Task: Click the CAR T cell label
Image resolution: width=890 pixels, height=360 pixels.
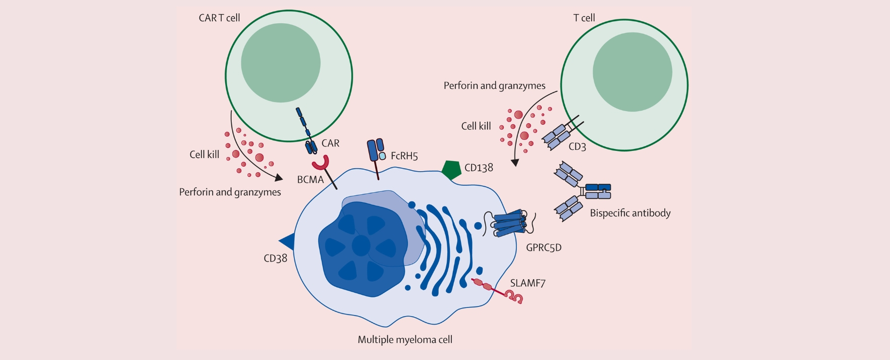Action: [x=219, y=18]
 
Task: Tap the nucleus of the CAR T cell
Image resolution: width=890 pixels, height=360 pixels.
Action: [x=281, y=63]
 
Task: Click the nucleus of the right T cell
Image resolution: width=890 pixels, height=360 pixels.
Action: [x=632, y=72]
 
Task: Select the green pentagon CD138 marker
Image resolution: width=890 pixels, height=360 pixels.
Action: [x=451, y=170]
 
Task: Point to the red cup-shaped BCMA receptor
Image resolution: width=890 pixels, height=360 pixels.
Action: [x=320, y=164]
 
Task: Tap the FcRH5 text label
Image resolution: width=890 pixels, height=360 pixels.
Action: [x=404, y=156]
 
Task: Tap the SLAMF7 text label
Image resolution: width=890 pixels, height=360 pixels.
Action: [x=528, y=283]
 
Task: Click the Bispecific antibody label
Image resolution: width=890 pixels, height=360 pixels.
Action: [x=630, y=213]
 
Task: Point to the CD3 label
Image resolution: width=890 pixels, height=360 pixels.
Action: [x=577, y=147]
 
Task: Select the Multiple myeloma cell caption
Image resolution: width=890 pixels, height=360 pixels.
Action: [x=405, y=340]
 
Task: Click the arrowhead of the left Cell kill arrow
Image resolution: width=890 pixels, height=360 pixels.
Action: [x=278, y=178]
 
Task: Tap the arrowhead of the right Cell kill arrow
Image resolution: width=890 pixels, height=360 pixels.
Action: [x=515, y=163]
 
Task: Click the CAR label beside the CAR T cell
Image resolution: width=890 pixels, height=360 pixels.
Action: [x=330, y=143]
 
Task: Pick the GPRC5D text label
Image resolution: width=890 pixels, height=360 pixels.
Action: [x=544, y=248]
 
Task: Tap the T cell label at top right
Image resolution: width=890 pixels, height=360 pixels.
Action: [x=584, y=18]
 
